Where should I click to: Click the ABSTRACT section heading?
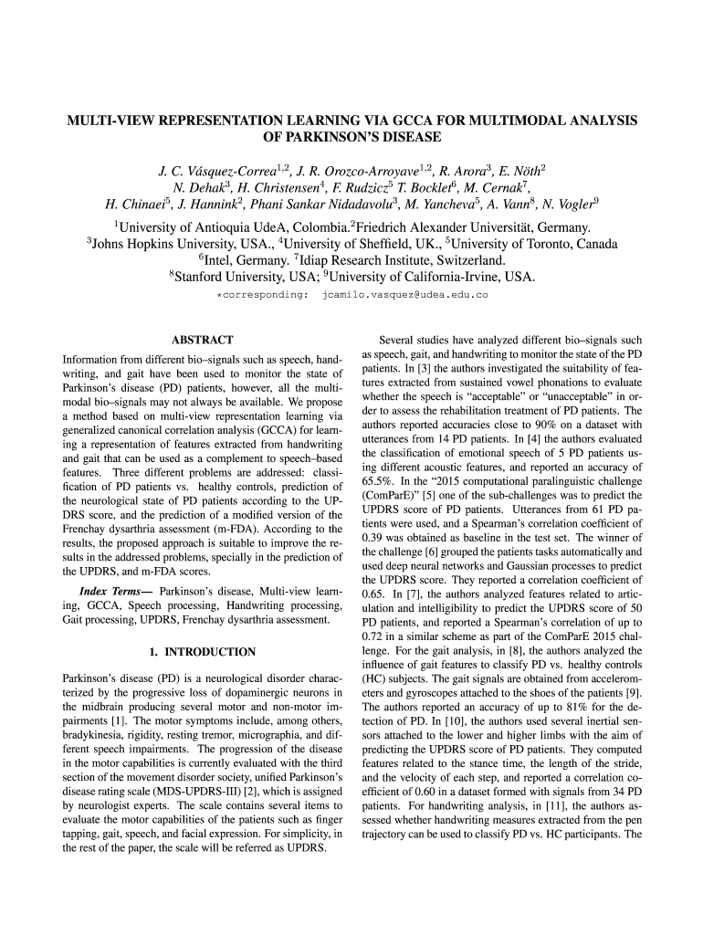202,340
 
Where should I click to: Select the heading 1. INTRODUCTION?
202,652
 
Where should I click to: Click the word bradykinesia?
96,735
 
